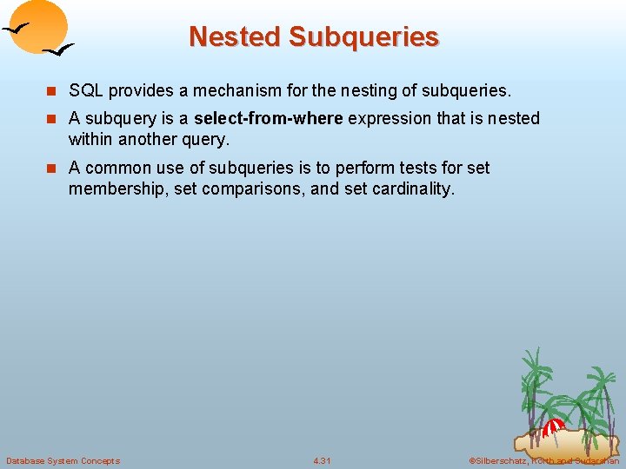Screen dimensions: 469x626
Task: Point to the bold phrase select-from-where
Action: point(269,118)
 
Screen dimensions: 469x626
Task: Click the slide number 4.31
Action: point(323,460)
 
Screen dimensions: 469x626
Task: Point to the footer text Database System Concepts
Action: point(63,460)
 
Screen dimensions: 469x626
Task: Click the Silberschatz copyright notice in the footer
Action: point(543,460)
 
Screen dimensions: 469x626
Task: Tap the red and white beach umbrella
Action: point(553,427)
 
